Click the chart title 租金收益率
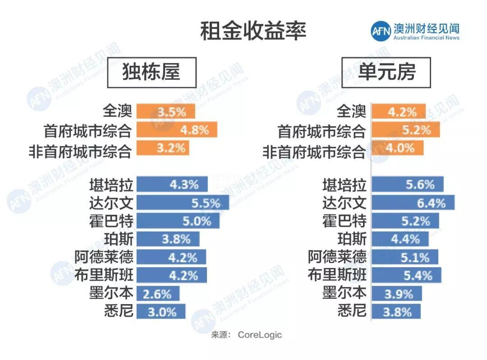pos(253,32)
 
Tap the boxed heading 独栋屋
pos(152,73)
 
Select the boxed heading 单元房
pos(386,73)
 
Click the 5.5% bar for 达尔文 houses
pos(182,203)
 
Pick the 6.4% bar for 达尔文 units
pos(412,203)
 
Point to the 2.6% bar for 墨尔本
pos(157,294)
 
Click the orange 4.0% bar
pos(397,148)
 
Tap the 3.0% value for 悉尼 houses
pos(162,312)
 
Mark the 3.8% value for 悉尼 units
pos(397,312)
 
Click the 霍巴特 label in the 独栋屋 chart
pos(111,221)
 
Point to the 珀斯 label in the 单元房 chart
pos(352,239)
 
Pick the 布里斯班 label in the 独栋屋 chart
pos(104,275)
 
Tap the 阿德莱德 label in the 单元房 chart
pos(337,257)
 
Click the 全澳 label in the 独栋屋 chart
pos(117,111)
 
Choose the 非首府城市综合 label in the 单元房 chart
pos(314,151)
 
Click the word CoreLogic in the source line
pos(260,335)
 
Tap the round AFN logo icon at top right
pos(381,31)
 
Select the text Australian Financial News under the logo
pos(426,38)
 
